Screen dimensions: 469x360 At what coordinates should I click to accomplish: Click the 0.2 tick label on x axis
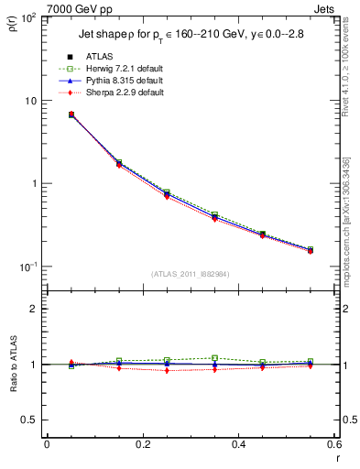[x=142, y=444]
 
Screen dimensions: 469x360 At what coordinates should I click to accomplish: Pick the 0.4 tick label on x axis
[x=238, y=444]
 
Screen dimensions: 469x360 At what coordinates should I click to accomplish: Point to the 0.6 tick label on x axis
[x=333, y=444]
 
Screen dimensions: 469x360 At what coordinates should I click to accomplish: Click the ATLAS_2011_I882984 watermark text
[x=191, y=274]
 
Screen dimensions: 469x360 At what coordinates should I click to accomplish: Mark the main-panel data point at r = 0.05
[x=71, y=115]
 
